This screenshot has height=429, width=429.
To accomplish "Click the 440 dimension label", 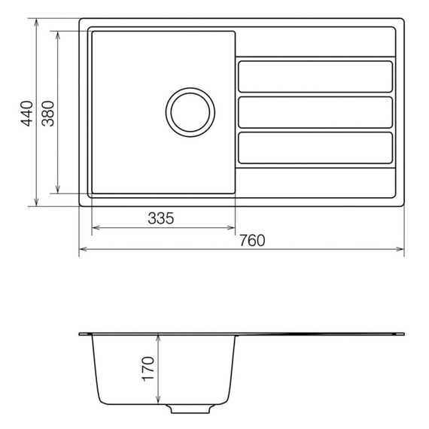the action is click(27, 114).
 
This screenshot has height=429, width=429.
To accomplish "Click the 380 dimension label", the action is click(48, 114).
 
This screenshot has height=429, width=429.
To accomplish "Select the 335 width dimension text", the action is click(161, 218).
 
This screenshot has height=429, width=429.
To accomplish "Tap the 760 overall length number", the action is click(252, 241).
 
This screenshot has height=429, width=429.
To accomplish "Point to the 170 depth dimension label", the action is click(148, 369).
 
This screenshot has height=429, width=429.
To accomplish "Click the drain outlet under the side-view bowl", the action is click(190, 409).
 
